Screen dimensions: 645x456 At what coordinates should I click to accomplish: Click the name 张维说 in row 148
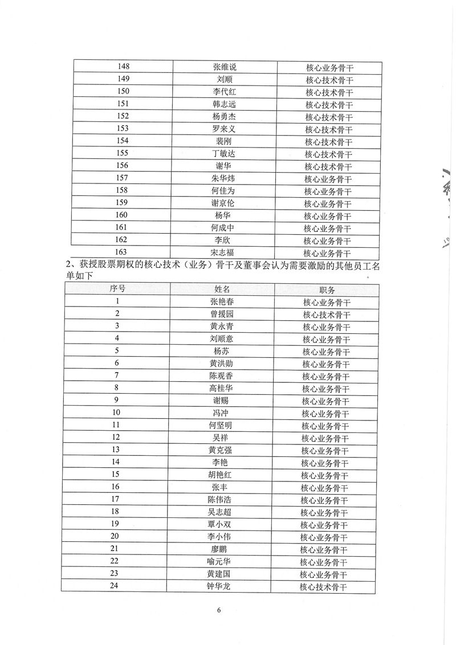pos(223,67)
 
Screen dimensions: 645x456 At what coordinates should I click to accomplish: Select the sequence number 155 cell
pos(122,153)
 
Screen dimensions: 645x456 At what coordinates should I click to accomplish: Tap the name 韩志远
pos(222,104)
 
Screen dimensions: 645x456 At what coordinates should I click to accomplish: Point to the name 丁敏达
pos(222,154)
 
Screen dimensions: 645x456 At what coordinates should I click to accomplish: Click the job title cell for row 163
pos(327,253)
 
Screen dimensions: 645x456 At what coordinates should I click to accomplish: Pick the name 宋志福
pos(222,252)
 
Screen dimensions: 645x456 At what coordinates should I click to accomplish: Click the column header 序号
pos(117,289)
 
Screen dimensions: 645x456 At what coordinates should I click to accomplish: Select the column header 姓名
pos(222,289)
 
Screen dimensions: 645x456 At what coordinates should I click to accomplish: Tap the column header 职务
pos(327,289)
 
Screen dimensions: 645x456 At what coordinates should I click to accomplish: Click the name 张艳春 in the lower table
pos(222,302)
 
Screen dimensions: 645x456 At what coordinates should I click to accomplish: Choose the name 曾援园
pos(221,314)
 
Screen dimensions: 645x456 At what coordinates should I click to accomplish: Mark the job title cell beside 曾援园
pos(327,315)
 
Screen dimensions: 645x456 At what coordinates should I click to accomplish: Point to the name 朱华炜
pos(222,178)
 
